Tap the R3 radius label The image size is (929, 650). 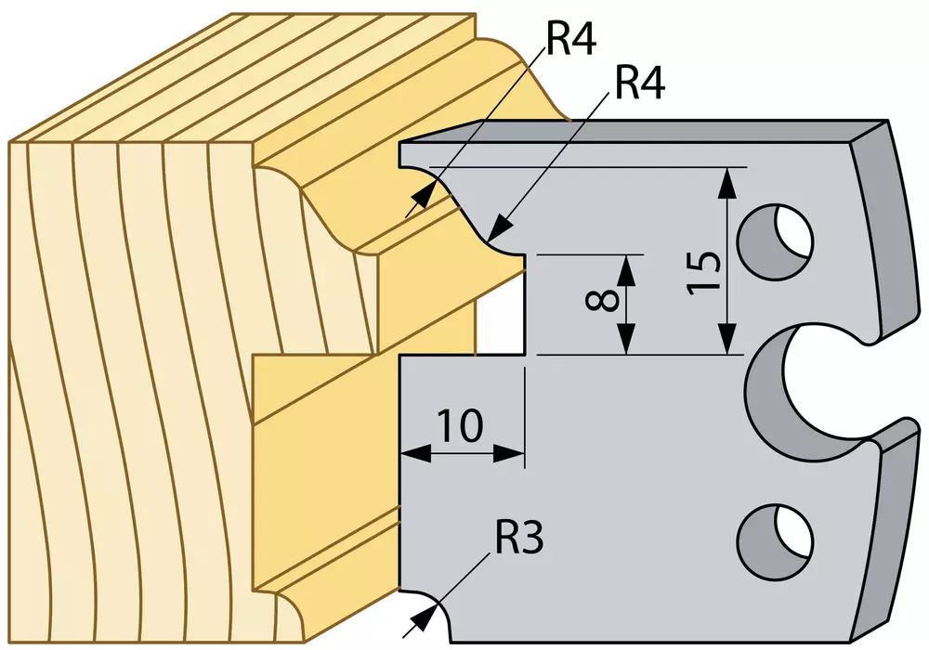(x=518, y=539)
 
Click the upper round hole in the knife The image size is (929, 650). (x=775, y=242)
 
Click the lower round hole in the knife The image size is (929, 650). (x=775, y=542)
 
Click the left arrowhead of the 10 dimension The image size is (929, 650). (x=415, y=454)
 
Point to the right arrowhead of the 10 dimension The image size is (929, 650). (x=509, y=454)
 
